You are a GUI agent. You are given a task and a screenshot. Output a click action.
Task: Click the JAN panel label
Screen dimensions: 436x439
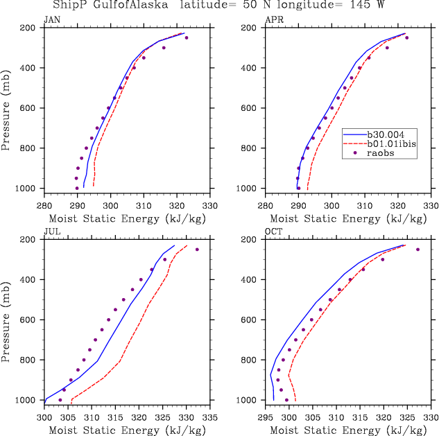point(53,19)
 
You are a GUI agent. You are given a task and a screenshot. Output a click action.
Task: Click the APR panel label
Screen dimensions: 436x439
point(275,19)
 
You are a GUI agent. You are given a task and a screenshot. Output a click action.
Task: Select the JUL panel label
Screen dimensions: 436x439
point(52,232)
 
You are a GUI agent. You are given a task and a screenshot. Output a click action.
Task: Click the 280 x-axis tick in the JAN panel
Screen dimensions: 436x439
point(44,196)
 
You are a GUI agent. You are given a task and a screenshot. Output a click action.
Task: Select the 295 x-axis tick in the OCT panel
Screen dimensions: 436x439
point(266,408)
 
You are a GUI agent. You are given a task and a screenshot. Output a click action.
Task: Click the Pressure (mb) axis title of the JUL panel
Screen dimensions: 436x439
point(6,320)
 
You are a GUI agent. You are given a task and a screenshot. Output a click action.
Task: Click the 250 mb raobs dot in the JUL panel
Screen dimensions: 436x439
point(197,250)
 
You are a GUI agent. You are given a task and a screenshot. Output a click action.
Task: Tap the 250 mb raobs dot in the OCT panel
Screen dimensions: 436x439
point(418,250)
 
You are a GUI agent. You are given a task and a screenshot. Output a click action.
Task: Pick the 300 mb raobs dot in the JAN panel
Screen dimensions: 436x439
point(164,48)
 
